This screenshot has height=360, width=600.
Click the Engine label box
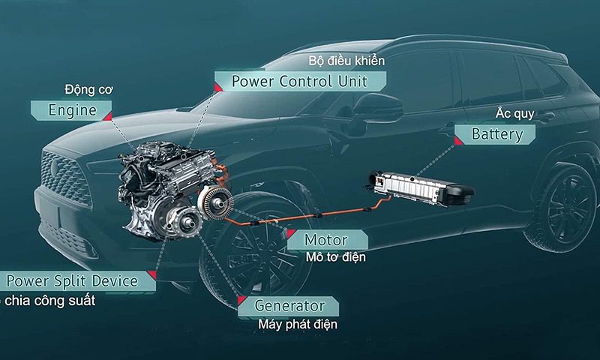click(x=71, y=109)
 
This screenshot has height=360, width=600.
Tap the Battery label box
click(x=495, y=135)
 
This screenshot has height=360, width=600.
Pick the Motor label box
click(x=326, y=241)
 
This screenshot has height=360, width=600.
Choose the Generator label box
click(x=289, y=305)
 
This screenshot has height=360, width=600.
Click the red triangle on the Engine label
click(x=107, y=117)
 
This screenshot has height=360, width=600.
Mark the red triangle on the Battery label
click(x=460, y=139)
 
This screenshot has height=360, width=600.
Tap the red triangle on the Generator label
click(x=242, y=301)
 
